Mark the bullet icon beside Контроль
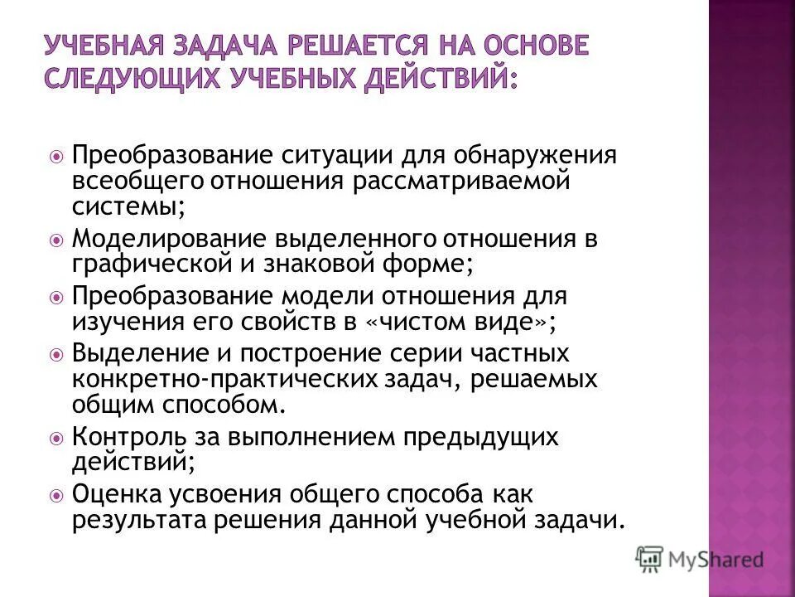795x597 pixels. [56, 437]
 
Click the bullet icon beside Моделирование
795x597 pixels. [56, 240]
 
